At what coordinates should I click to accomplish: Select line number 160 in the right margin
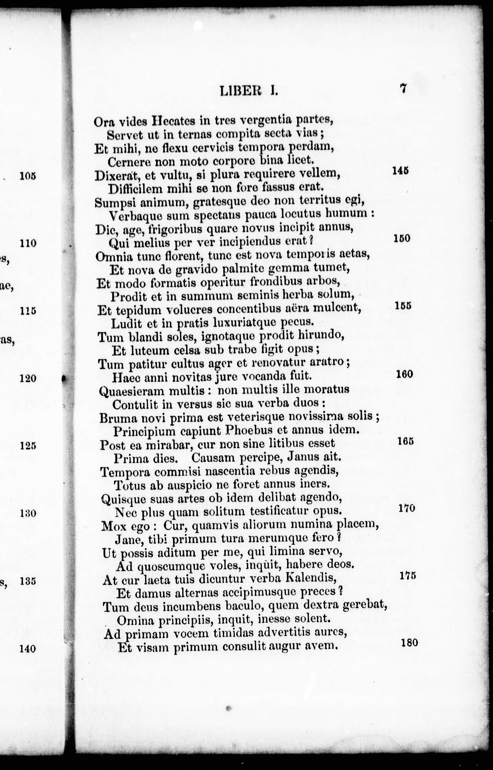404,374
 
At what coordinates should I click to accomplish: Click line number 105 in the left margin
28,176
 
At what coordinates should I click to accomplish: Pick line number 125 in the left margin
28,446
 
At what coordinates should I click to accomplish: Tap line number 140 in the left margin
28,649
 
